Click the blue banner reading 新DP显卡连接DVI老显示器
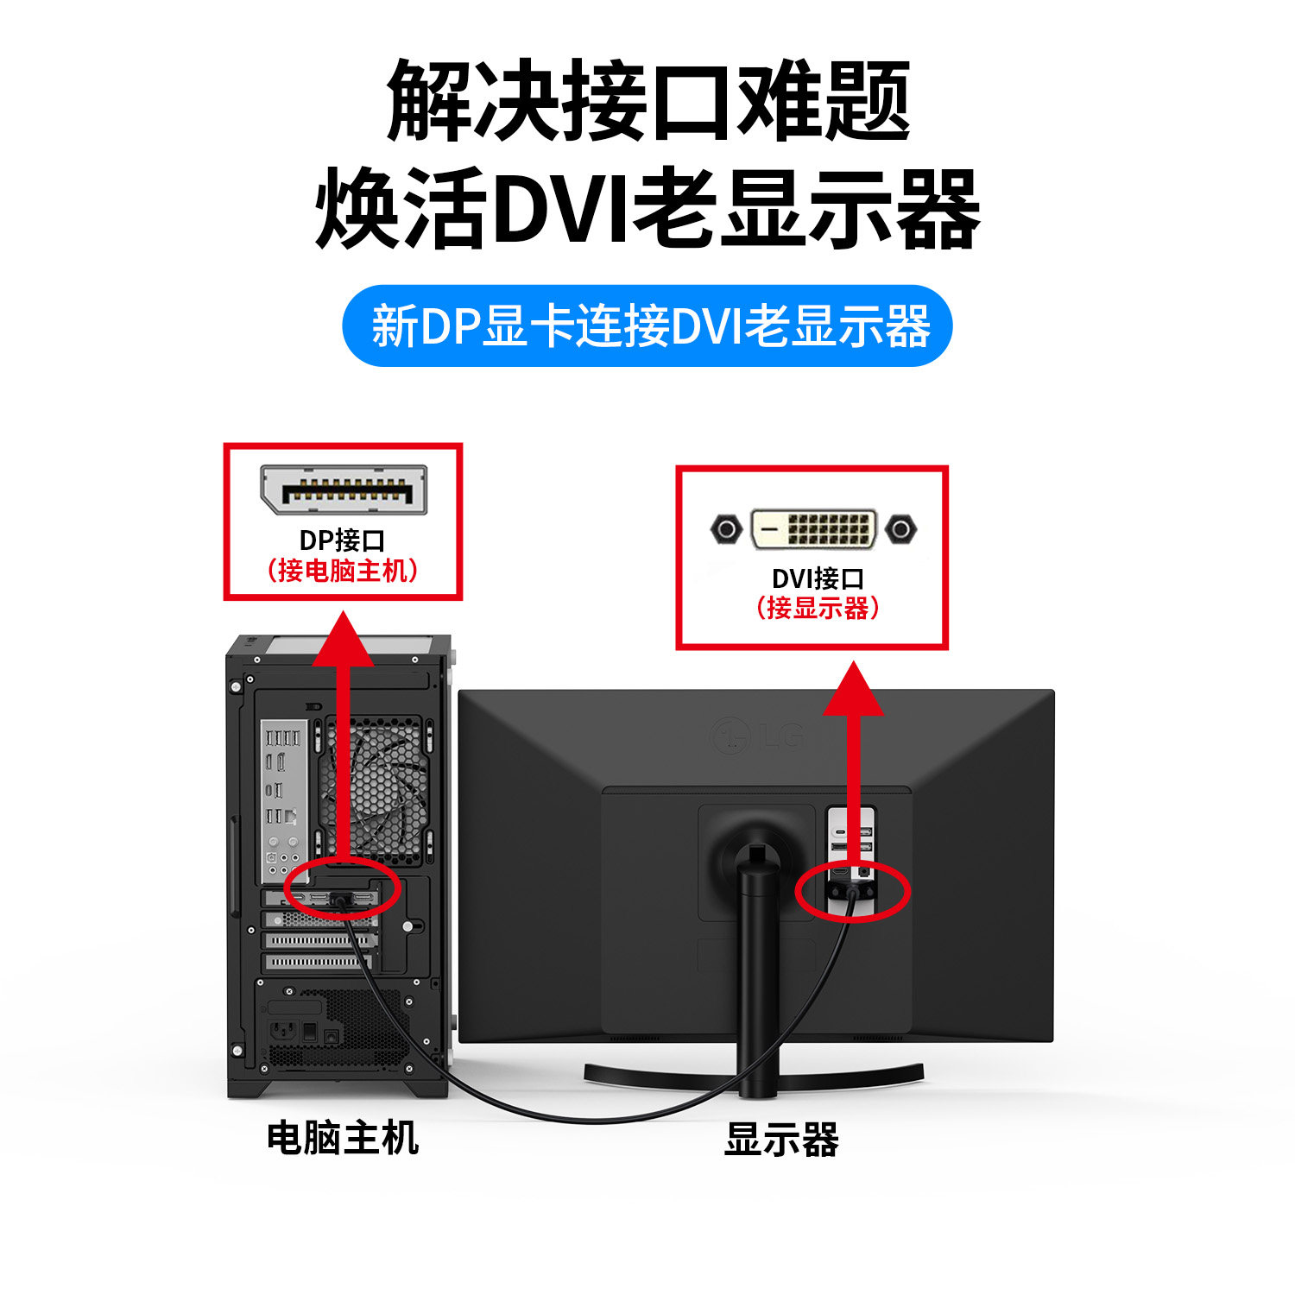click(x=647, y=326)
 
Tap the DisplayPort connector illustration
click(x=344, y=490)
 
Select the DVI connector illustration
click(x=813, y=528)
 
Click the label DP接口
click(x=342, y=540)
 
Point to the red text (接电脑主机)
click(x=343, y=571)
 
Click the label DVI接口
click(x=817, y=578)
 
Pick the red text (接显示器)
click(x=817, y=608)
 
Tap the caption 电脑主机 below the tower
click(x=343, y=1138)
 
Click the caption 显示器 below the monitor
click(x=781, y=1140)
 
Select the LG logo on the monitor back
click(x=757, y=736)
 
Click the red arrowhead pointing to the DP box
click(x=343, y=639)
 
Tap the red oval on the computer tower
click(x=343, y=888)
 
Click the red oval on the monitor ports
click(x=853, y=892)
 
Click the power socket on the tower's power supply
click(x=284, y=1030)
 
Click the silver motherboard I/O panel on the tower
click(x=283, y=799)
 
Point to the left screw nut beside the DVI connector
click(x=726, y=528)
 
